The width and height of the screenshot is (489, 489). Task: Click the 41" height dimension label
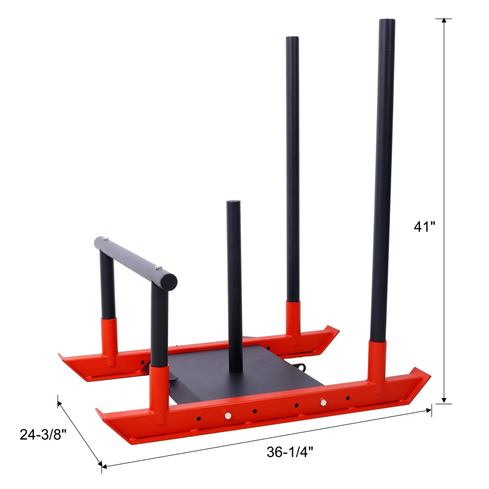click(x=424, y=226)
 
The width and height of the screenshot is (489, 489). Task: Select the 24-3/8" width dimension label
click(x=43, y=435)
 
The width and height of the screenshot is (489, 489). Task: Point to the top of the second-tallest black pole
click(x=292, y=38)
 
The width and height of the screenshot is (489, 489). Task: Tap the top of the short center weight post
click(x=234, y=203)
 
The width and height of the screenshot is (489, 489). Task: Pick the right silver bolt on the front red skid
click(x=323, y=402)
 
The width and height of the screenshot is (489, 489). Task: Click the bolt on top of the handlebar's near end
click(x=158, y=268)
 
